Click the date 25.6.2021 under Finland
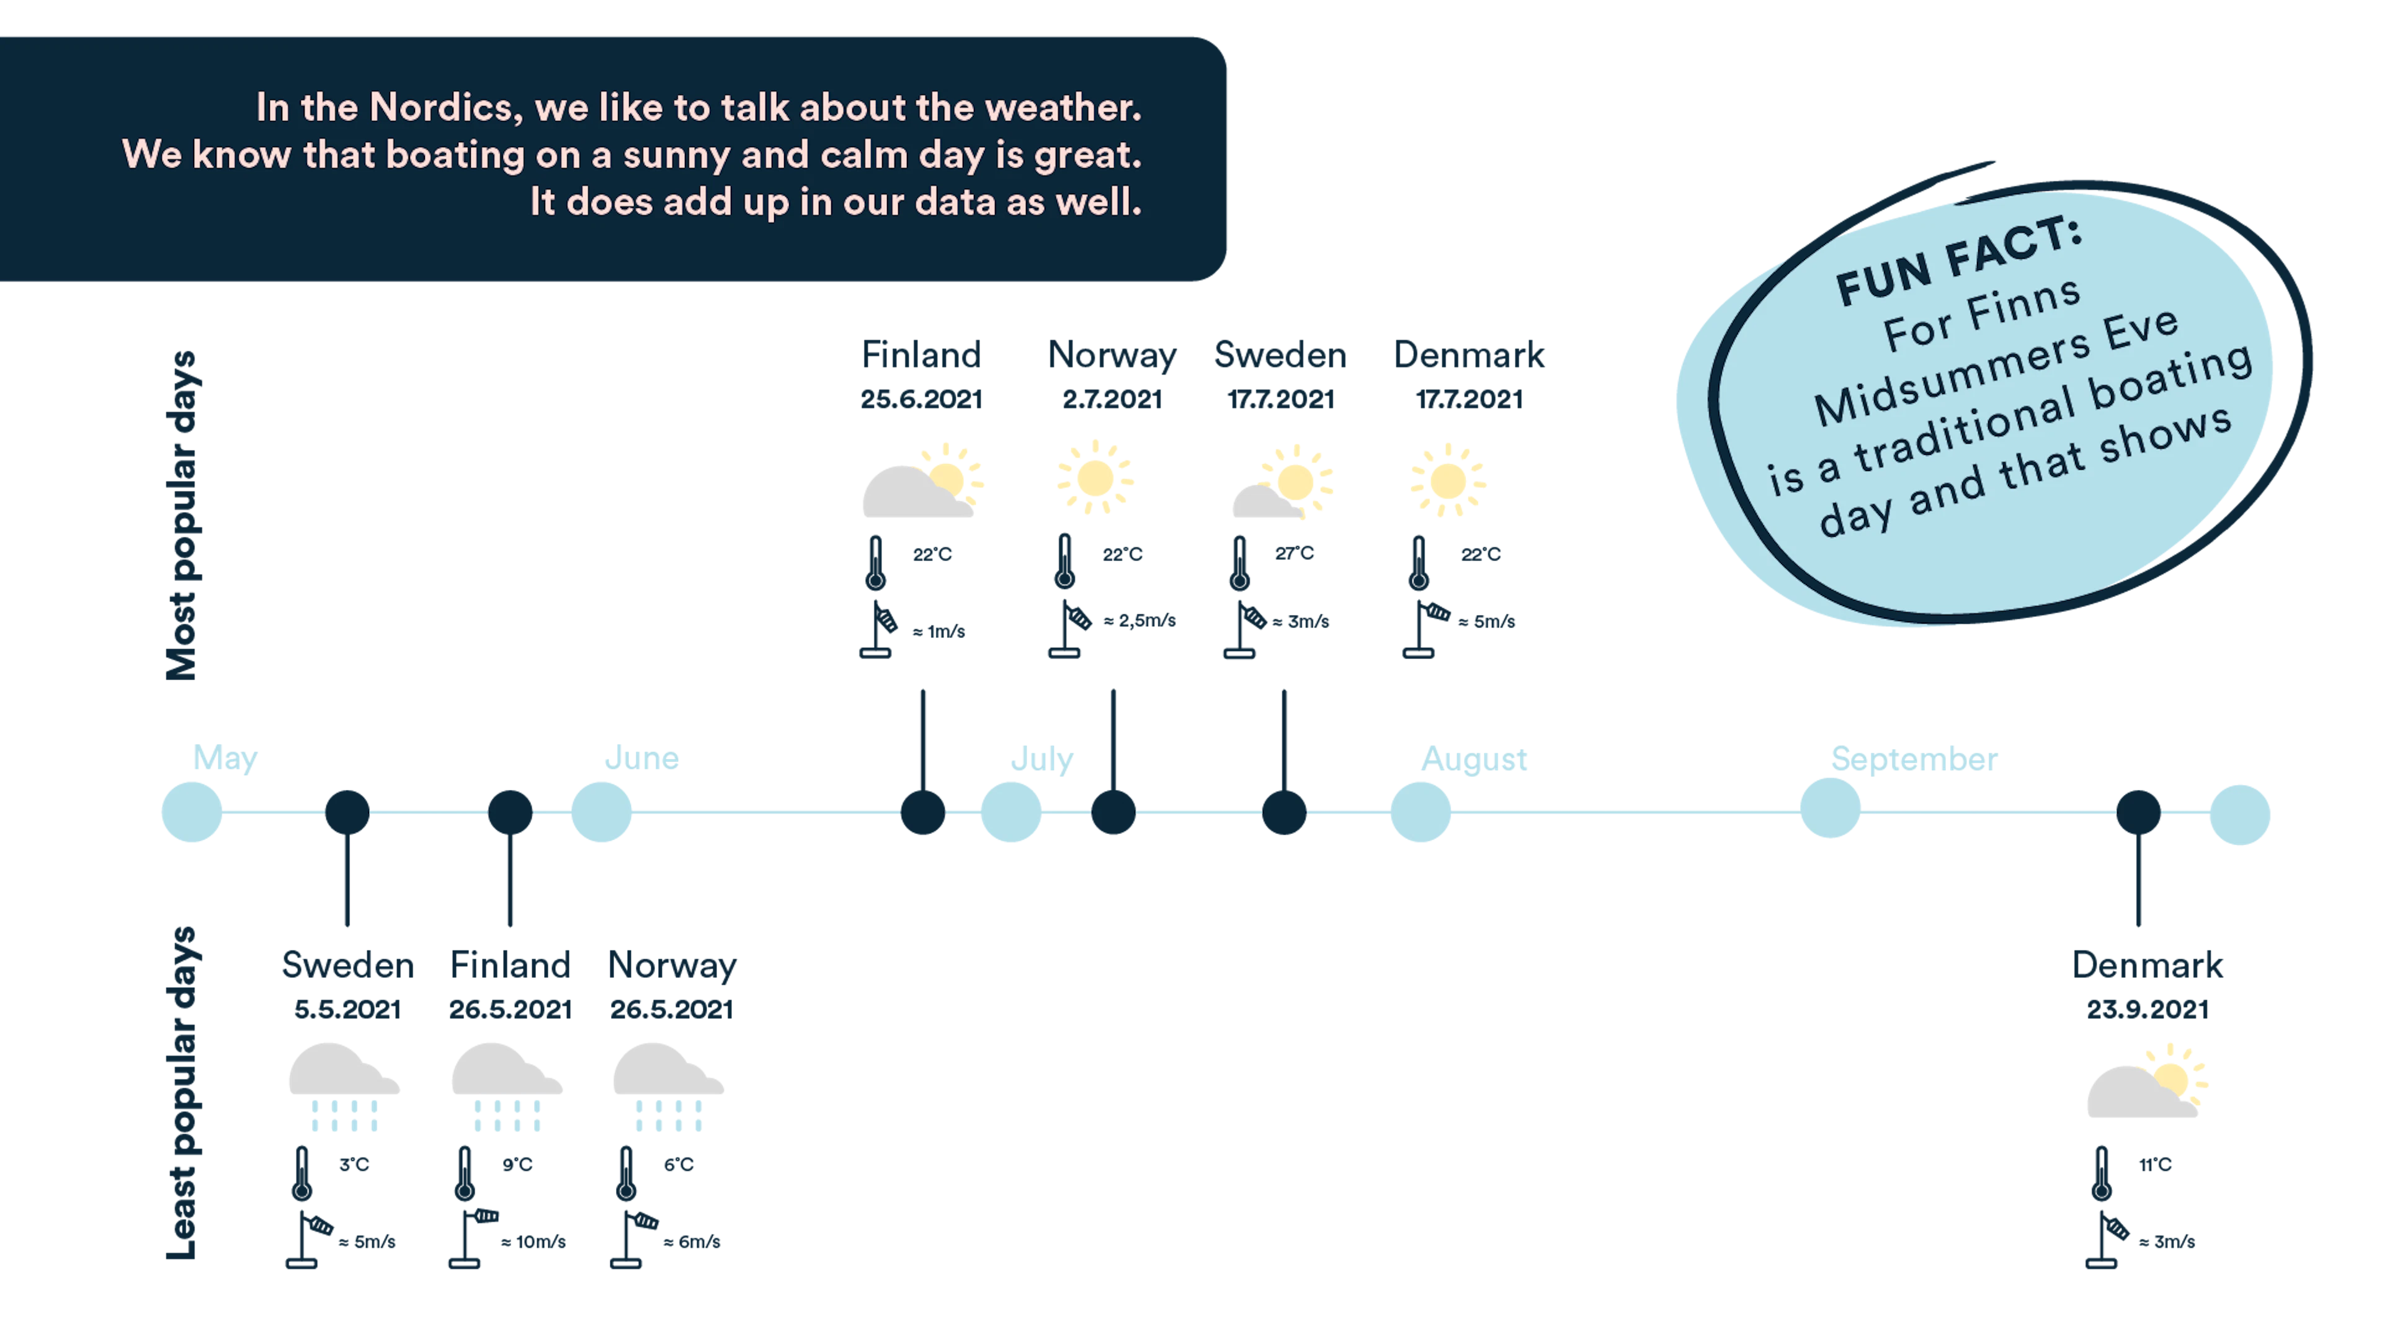pyautogui.click(x=921, y=400)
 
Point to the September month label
pyautogui.click(x=1914, y=760)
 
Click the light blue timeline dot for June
pyautogui.click(x=601, y=812)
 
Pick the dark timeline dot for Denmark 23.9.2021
pyautogui.click(x=2138, y=813)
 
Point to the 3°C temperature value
pyautogui.click(x=354, y=1164)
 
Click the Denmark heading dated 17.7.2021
pyautogui.click(x=1468, y=355)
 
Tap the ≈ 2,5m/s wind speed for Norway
pyautogui.click(x=1140, y=621)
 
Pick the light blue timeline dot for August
pyautogui.click(x=1421, y=812)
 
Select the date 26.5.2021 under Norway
pyautogui.click(x=671, y=1009)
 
